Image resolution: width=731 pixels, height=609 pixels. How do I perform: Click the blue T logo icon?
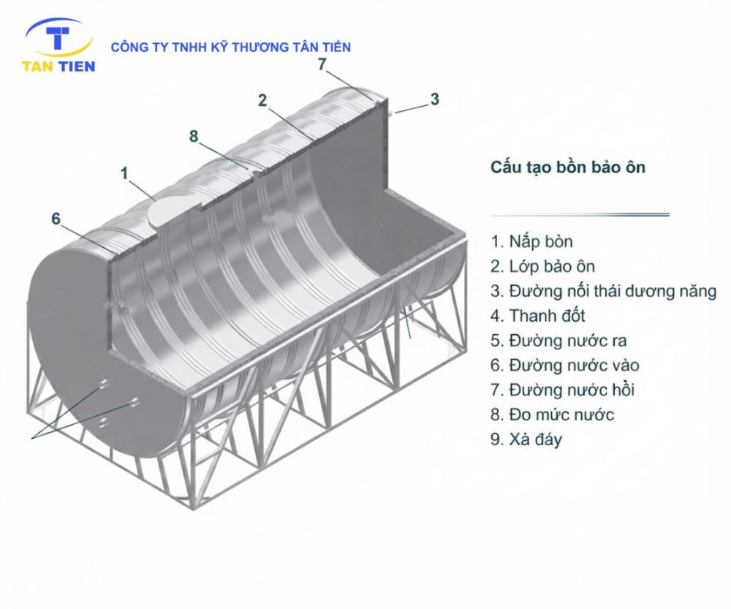click(58, 38)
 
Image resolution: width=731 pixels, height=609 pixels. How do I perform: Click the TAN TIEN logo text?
click(58, 67)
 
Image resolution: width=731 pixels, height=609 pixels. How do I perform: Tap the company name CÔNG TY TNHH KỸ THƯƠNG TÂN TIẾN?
click(231, 47)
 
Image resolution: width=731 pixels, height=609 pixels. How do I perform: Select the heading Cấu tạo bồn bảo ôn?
click(568, 167)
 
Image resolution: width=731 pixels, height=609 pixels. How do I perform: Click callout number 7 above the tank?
click(322, 64)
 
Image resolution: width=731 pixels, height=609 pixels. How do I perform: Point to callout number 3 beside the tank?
click(434, 99)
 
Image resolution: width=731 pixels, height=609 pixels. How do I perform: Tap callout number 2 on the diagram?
click(262, 100)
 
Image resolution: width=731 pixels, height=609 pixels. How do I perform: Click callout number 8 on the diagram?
click(194, 136)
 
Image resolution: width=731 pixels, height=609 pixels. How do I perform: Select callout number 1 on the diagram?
click(124, 173)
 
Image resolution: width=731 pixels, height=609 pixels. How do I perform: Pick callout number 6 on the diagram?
click(56, 219)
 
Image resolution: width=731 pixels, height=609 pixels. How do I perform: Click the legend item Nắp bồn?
click(531, 242)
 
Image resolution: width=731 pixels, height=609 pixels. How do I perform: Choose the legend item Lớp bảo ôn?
click(542, 267)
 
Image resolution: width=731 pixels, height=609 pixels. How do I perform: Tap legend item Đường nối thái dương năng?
click(603, 292)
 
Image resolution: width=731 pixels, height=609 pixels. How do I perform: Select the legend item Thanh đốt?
click(537, 316)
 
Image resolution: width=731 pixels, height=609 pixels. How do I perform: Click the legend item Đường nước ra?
click(558, 341)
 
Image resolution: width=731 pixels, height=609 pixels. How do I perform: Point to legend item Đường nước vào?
click(564, 366)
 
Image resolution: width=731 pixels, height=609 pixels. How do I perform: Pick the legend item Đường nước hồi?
click(562, 390)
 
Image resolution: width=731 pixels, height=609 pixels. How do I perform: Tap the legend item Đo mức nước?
click(553, 415)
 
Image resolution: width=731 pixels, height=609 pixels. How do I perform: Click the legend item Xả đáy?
click(526, 439)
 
